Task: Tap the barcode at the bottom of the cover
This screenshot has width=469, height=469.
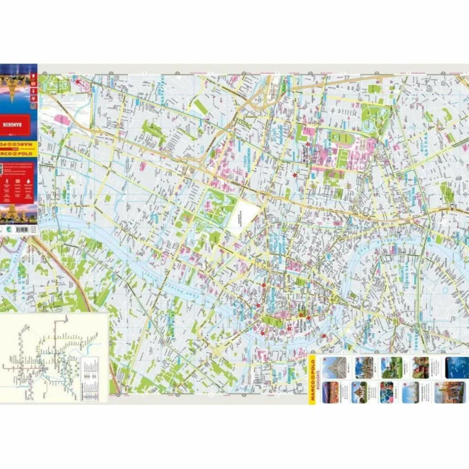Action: [x=19, y=229]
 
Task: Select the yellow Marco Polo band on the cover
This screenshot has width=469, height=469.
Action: [x=19, y=143]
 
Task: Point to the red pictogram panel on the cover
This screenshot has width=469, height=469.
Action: [x=19, y=188]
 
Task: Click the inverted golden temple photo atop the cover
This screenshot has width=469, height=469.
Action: [x=19, y=88]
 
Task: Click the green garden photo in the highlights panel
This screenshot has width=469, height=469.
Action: [x=392, y=367]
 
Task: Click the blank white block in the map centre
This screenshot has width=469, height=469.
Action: [x=243, y=222]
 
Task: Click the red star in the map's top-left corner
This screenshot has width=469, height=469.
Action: [x=77, y=82]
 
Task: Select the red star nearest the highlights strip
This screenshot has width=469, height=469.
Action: [x=325, y=336]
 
